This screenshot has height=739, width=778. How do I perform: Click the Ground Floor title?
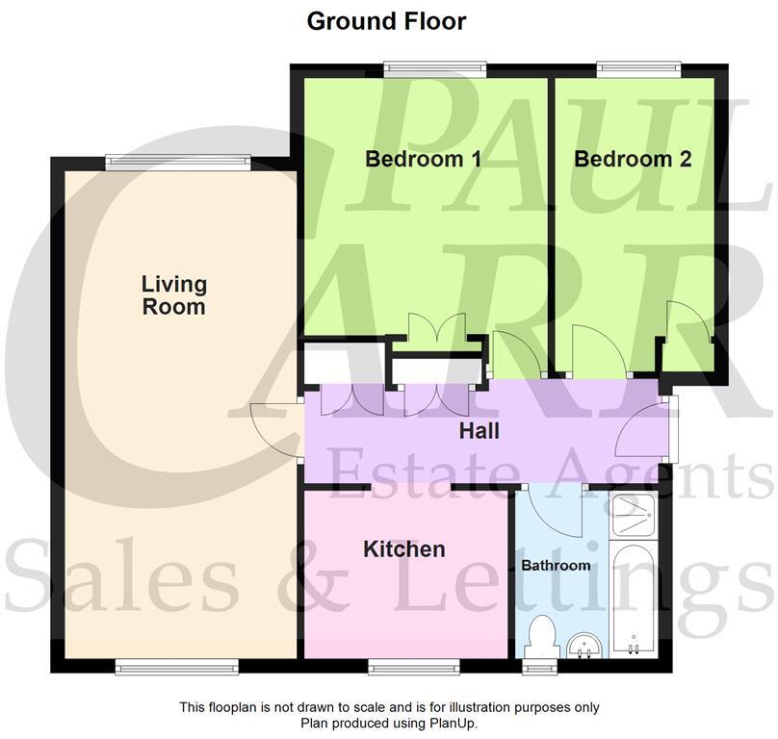pos(386,21)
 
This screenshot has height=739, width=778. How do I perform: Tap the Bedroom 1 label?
pos(423,160)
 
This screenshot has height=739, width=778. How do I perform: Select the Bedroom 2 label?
pos(633,160)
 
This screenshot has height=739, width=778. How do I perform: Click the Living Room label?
pos(174,295)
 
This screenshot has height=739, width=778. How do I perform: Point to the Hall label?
pos(479,431)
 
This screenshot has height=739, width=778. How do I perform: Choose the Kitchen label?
pos(403,549)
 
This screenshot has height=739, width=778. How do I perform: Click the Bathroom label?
pos(556,565)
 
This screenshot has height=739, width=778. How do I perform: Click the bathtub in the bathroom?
pos(633,601)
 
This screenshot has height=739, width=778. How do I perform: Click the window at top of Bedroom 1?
pos(434,68)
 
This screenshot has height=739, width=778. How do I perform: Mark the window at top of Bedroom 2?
pos(638,68)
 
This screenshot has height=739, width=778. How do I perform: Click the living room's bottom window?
pos(176,664)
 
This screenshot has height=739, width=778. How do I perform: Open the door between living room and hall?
pos(276,429)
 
